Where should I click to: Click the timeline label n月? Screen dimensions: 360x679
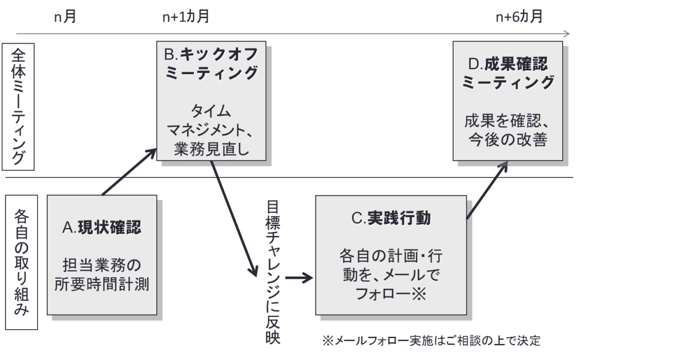tap(65, 17)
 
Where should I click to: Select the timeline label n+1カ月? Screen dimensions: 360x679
tap(186, 17)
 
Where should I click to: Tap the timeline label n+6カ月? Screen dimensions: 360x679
tap(519, 17)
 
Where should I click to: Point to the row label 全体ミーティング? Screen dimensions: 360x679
tap(18, 107)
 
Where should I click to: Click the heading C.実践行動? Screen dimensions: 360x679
tap(391, 219)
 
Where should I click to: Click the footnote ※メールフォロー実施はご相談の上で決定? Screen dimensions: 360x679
tap(432, 341)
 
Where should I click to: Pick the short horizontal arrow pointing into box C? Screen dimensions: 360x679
tap(299, 278)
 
